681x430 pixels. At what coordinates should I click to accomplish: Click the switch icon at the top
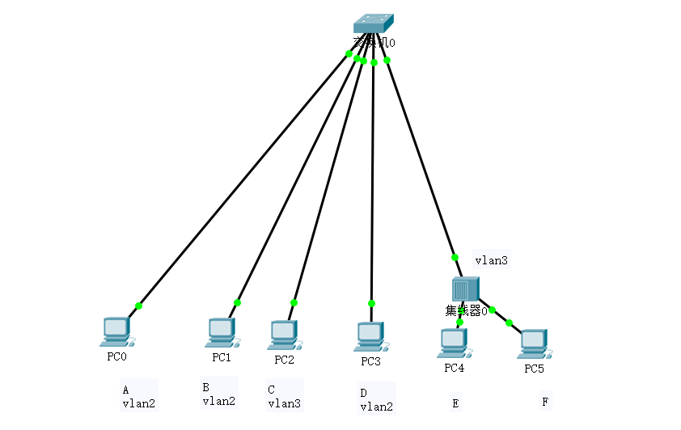[373, 24]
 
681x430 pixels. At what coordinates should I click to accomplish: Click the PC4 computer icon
[454, 343]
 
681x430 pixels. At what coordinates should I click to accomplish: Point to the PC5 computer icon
[533, 344]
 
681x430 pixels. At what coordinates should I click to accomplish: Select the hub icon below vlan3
[466, 289]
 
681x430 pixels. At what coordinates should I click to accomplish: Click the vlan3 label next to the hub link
[490, 261]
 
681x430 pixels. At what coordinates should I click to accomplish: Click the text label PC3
[370, 361]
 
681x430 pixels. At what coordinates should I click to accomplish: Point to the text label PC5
[534, 369]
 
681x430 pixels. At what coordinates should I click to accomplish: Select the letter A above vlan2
[125, 389]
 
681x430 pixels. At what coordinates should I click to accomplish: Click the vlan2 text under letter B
[218, 401]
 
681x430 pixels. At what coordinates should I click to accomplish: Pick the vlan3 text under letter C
[284, 403]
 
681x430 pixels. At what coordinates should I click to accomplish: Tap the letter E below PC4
[455, 402]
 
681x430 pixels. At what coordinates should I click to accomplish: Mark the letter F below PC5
[544, 402]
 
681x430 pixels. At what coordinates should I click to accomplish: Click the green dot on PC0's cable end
[139, 306]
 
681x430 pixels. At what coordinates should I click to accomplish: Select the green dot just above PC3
[371, 304]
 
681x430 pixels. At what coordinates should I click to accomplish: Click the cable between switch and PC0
[243, 180]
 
